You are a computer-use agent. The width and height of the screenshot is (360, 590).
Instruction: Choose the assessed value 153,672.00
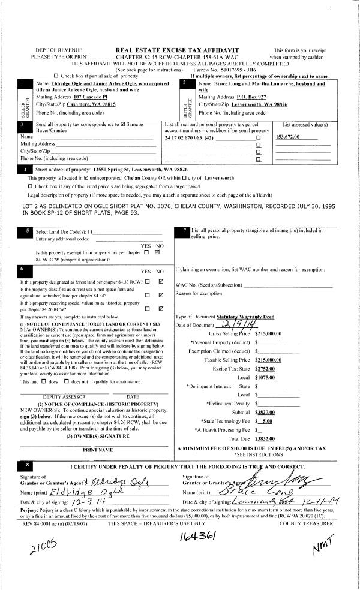click(288, 137)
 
